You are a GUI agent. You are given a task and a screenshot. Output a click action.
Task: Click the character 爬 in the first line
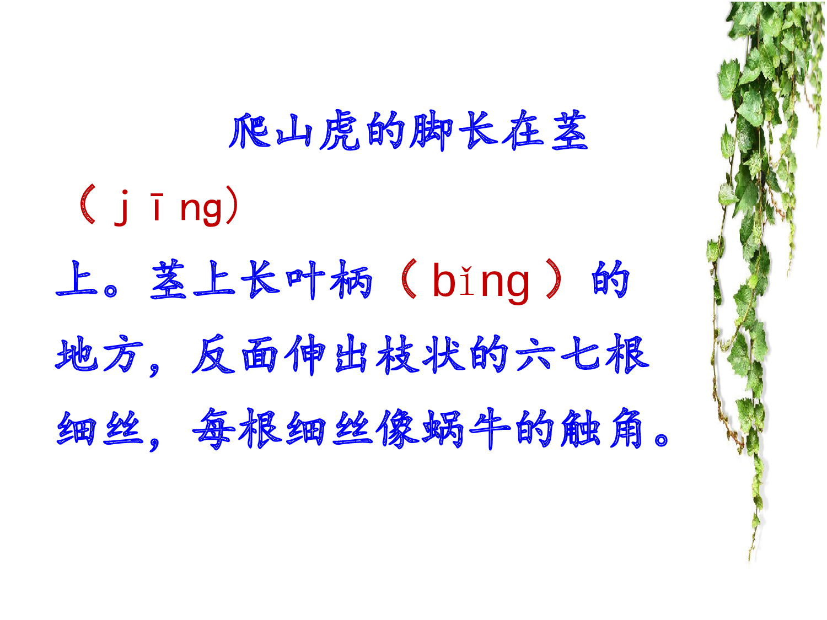coord(249,131)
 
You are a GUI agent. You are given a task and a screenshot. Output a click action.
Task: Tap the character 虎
coord(341,131)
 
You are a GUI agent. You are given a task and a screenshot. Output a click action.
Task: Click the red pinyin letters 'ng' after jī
coord(202,208)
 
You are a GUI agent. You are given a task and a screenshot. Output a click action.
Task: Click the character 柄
coord(352,280)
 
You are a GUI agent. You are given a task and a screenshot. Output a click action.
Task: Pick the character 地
coord(77,354)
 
